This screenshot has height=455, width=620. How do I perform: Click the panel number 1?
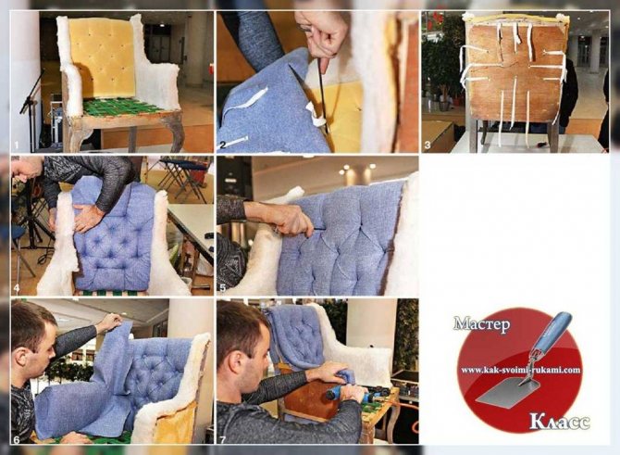(17, 145)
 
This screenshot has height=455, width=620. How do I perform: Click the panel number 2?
(223, 145)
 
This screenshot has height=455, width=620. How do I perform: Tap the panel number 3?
(428, 145)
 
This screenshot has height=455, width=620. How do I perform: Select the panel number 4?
(17, 288)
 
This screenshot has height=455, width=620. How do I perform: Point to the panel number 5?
(223, 288)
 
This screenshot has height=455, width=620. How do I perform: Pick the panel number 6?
(17, 439)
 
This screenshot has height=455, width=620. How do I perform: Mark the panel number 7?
(223, 439)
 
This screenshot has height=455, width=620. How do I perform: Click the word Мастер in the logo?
(481, 324)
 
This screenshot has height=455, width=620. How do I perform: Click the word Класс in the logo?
(560, 423)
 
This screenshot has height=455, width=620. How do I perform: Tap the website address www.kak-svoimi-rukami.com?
(521, 371)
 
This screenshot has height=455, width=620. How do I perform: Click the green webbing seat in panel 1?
(119, 107)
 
